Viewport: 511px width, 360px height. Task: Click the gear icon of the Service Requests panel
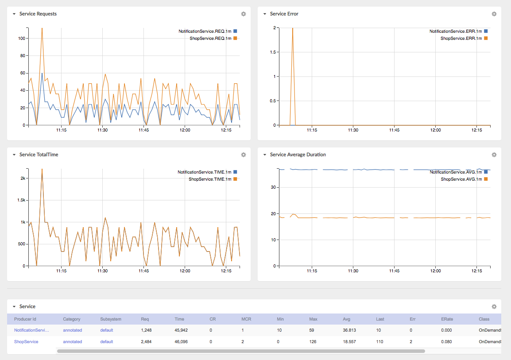244,14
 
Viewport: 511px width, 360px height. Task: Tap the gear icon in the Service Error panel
494,14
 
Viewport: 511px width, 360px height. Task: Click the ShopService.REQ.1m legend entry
213,39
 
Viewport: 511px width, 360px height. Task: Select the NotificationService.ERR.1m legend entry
458,31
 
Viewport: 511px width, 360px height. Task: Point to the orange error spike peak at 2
293,28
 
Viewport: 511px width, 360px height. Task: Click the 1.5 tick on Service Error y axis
273,52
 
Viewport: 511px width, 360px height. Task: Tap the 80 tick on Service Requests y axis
23,56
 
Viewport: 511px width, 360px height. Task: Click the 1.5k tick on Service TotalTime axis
21,200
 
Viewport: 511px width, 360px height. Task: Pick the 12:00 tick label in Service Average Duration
435,271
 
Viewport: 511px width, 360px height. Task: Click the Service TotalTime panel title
39,155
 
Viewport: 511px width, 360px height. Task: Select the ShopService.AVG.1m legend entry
464,179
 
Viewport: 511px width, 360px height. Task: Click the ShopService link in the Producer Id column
26,342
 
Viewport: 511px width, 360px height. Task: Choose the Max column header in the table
313,319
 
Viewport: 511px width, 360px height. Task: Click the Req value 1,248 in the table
146,330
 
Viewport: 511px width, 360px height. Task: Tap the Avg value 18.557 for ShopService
349,342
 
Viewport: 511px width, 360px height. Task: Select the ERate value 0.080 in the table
446,342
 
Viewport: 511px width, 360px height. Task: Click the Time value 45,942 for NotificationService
181,330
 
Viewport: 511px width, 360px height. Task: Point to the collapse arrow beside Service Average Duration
265,155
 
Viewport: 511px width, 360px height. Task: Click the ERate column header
447,319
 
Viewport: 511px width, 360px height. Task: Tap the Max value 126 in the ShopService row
313,342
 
